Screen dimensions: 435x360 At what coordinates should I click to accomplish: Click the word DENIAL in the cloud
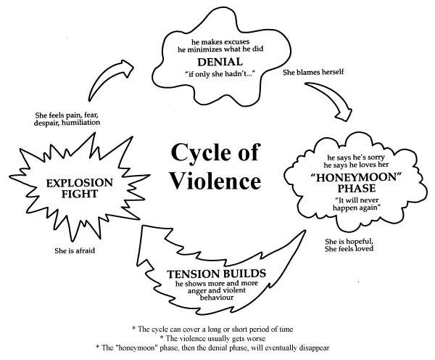(220, 62)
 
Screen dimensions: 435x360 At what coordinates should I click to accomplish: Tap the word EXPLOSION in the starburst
(79, 183)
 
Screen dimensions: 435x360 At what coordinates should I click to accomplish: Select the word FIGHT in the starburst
(79, 194)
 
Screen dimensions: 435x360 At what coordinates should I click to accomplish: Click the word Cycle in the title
(201, 152)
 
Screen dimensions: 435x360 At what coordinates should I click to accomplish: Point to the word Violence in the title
(215, 181)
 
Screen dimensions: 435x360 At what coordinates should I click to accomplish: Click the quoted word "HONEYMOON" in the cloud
(357, 178)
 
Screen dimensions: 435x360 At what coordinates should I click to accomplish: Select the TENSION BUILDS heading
(216, 274)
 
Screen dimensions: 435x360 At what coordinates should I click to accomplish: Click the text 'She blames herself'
(313, 73)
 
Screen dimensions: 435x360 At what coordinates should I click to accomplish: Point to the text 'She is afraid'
(75, 250)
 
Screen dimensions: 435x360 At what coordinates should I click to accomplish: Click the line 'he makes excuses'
(220, 42)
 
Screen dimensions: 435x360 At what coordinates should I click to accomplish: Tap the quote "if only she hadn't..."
(220, 74)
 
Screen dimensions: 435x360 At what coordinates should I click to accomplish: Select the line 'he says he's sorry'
(356, 157)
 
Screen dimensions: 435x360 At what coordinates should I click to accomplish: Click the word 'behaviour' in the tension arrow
(217, 298)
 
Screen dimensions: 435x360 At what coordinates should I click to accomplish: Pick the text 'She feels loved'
(349, 249)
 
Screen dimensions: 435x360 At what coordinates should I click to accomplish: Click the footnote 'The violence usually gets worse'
(212, 338)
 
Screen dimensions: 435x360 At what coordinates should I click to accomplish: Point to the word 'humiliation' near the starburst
(80, 123)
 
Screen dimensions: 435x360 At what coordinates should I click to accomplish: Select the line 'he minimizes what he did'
(220, 49)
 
